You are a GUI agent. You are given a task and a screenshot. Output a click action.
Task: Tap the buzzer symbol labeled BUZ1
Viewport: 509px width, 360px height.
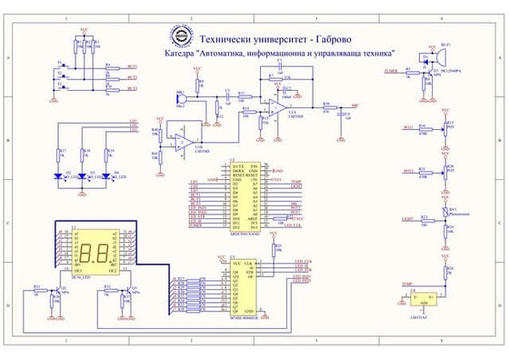click(x=420, y=56)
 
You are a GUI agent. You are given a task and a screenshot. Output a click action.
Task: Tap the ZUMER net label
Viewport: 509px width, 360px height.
click(x=390, y=69)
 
